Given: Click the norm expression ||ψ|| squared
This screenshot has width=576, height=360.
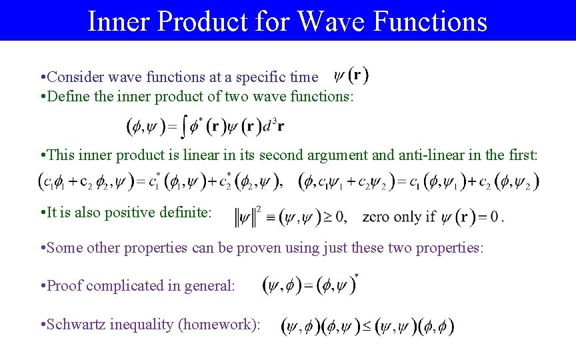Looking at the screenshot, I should point(249,216).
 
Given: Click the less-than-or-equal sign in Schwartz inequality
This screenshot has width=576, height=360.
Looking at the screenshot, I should point(367,327).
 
